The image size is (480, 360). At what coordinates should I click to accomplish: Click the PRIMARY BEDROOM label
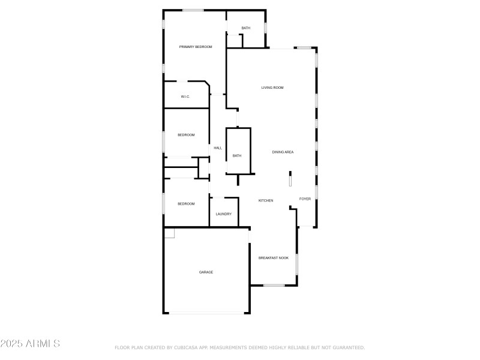pos(196,46)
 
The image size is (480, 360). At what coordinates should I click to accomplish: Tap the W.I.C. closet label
pos(185,97)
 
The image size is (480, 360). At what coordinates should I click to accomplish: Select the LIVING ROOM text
pos(272,88)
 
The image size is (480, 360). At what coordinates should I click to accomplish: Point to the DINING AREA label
pos(283,152)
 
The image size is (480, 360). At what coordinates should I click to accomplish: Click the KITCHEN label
pos(266,200)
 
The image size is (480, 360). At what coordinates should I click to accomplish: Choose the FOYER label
pos(305,199)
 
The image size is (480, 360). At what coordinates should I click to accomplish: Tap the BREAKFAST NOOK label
pos(274,258)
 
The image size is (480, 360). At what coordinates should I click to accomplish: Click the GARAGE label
pos(206,272)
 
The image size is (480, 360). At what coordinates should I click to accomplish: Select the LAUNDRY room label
pos(224,214)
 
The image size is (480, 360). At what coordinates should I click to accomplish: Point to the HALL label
pos(218,148)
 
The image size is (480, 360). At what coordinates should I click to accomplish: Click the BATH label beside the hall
pos(237,156)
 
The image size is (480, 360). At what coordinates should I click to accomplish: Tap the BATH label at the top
pos(246,28)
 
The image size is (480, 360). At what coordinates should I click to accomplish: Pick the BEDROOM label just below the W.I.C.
pos(186,135)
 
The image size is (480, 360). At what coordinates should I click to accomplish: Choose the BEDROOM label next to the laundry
pos(186,204)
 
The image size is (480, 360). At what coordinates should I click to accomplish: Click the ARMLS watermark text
pos(30,344)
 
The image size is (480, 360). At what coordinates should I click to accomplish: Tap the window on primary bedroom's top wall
pos(193,10)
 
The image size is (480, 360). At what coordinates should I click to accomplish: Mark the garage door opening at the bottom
pos(206,313)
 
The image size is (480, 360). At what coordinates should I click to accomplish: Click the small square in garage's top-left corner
pos(169,233)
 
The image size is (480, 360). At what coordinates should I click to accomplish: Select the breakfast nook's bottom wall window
pos(274,285)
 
